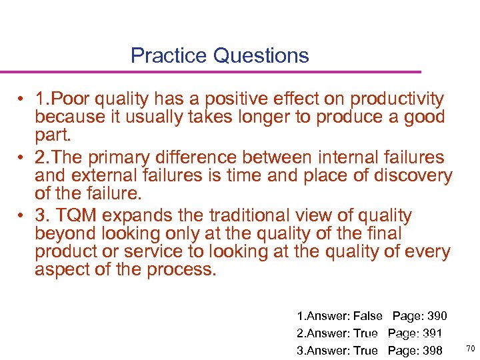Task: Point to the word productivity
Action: click(397, 99)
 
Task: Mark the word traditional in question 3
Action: click(250, 216)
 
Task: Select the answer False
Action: click(368, 316)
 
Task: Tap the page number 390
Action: click(435, 316)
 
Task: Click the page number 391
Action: click(431, 333)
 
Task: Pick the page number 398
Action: click(431, 350)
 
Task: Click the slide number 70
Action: click(469, 349)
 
